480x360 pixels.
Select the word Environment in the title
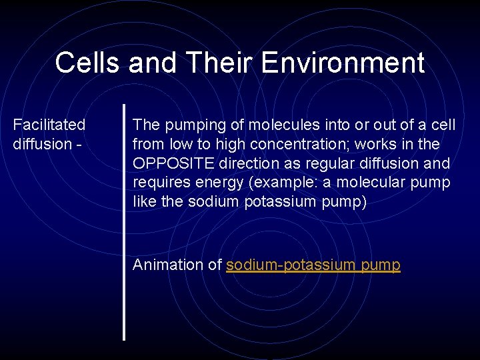pyautogui.click(x=343, y=63)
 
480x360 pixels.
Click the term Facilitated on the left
pyautogui.click(x=49, y=125)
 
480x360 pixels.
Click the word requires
pyautogui.click(x=158, y=183)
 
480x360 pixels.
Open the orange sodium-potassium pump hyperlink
pyautogui.click(x=313, y=265)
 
